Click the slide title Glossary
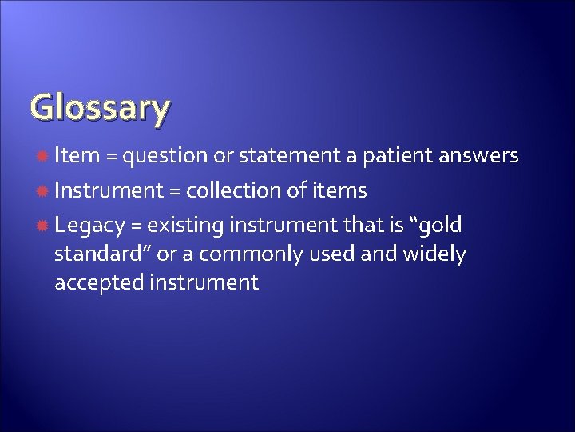click(100, 108)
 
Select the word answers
click(480, 155)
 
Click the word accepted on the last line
click(96, 282)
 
